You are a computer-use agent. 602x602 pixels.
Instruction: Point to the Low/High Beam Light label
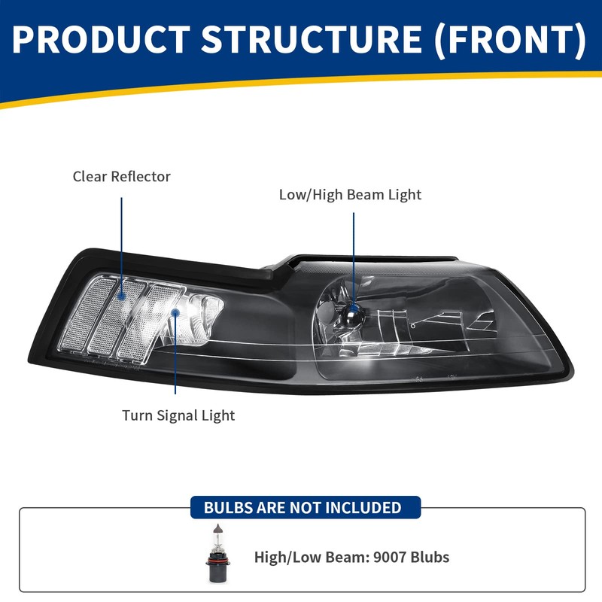[x=350, y=195]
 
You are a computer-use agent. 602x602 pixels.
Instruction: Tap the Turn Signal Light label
[x=179, y=415]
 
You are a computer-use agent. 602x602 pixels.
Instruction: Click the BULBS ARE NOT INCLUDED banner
[x=303, y=507]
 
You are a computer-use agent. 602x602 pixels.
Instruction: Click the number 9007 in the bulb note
[x=381, y=558]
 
